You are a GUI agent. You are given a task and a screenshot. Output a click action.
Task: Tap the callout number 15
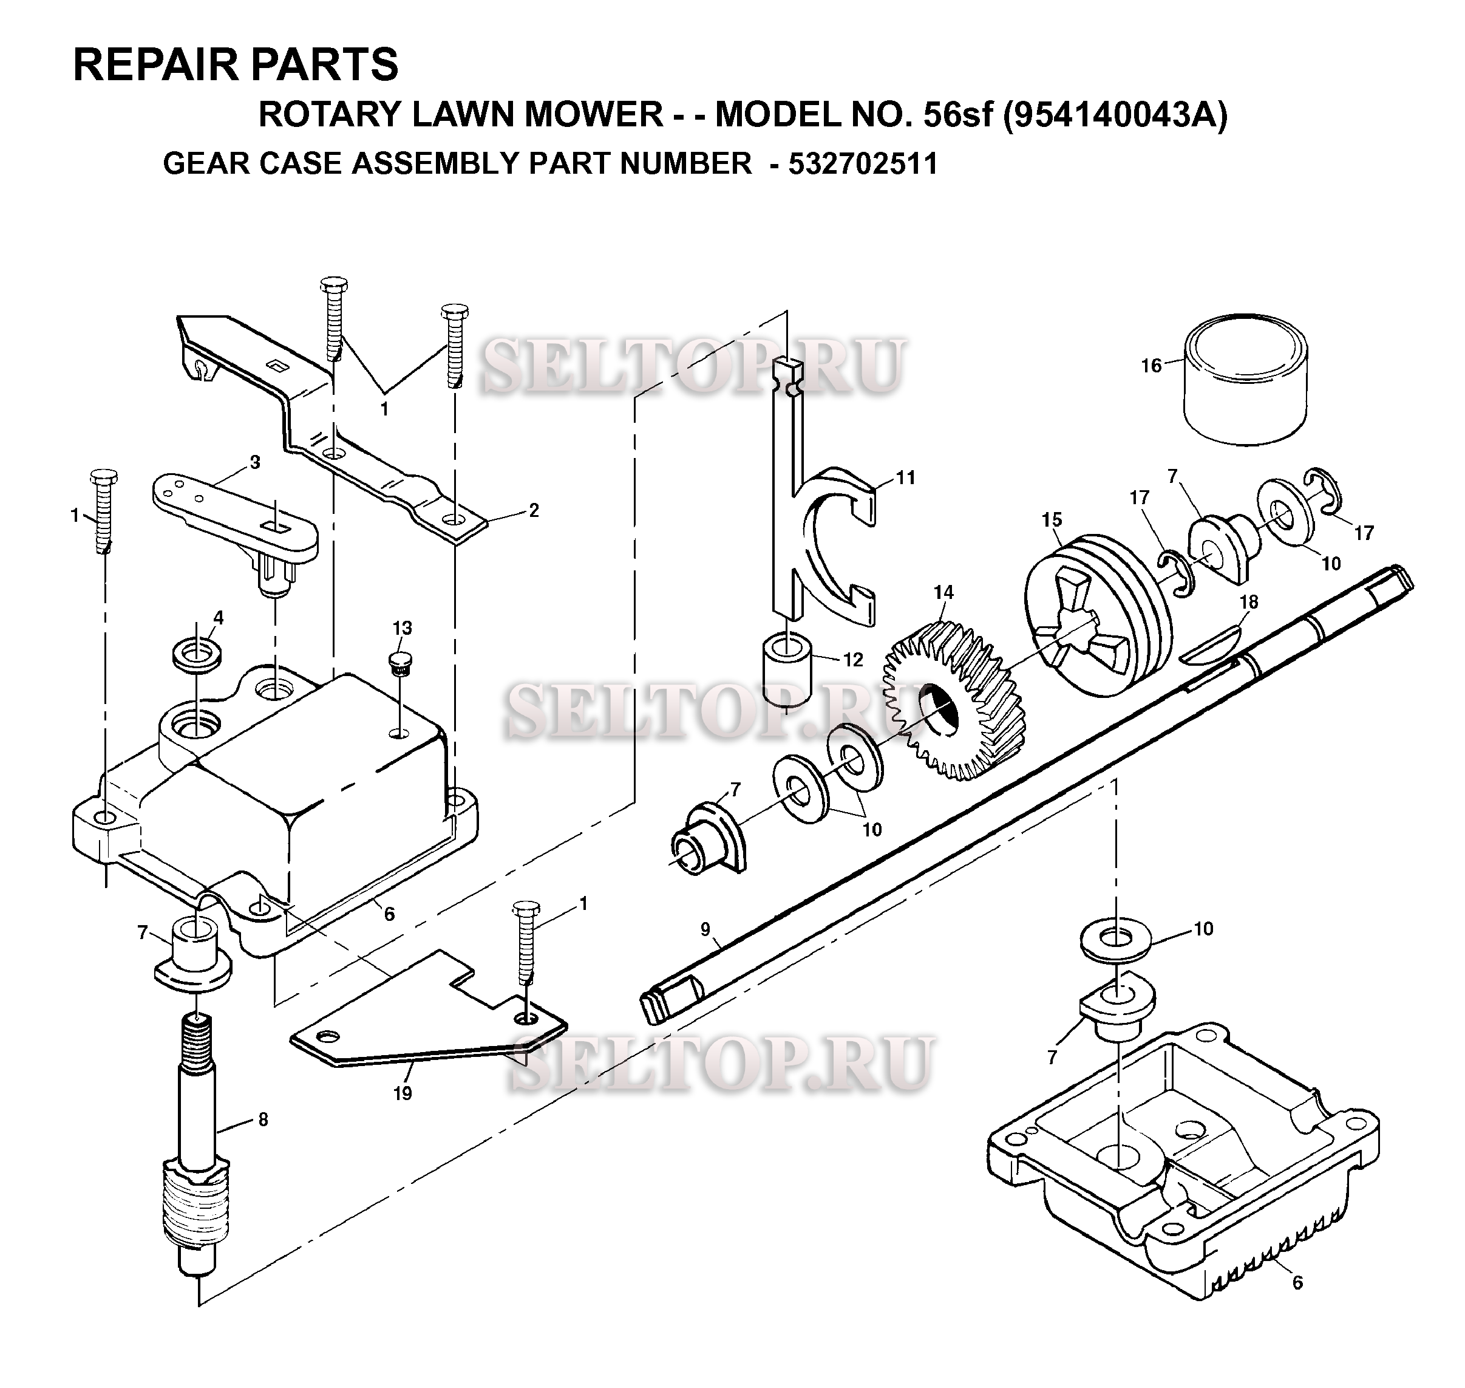pos(1052,519)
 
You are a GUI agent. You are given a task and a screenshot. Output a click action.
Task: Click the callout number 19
pos(403,1093)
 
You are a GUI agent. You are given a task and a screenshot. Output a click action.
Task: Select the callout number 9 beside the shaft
pos(705,929)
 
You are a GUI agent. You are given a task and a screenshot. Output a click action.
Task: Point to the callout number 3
pos(255,462)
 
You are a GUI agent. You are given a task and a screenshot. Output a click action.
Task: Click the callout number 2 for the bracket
pos(534,510)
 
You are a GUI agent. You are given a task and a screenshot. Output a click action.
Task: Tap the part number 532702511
pos(862,163)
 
